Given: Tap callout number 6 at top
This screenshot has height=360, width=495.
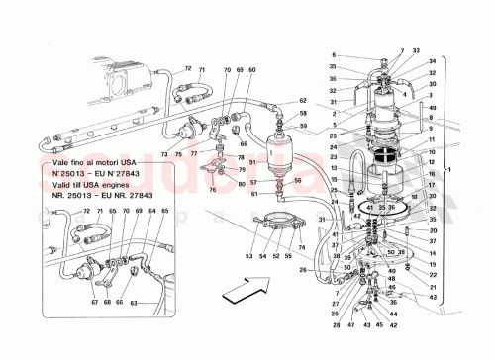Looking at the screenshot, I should pos(334,54).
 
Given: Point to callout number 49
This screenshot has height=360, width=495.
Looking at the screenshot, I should pos(433,107).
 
